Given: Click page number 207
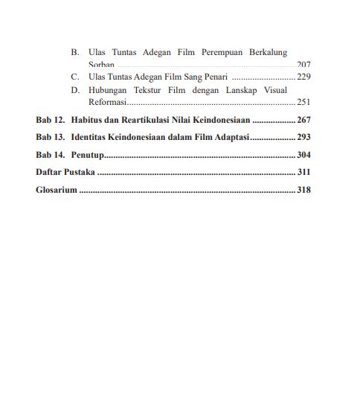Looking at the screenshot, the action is point(303,65).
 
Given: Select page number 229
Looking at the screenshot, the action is point(303,77).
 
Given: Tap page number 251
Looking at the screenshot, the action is point(303,101).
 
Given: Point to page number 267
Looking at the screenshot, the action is point(303,119).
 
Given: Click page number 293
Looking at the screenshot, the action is point(303,138).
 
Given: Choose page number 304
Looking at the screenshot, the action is point(303,156).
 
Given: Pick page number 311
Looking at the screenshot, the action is point(303,173).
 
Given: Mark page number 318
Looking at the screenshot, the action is point(303,191).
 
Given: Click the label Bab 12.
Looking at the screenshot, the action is point(50,119).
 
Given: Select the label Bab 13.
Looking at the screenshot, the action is point(50,138).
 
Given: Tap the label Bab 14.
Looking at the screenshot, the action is point(50,156).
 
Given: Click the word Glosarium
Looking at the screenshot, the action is point(57,191).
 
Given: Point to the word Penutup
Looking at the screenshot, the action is point(87,156).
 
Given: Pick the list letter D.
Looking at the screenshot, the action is point(75,89).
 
